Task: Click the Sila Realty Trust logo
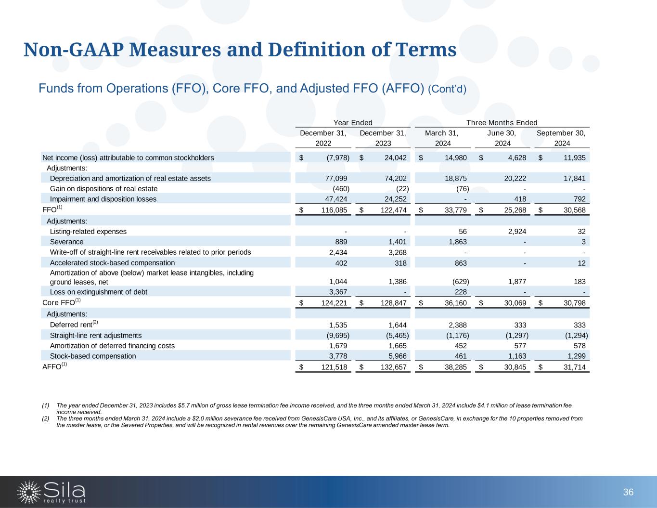52,491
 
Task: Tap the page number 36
628,492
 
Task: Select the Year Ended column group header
353,123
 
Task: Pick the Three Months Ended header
502,123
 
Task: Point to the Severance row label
66,242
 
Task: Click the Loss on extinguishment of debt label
99,292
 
